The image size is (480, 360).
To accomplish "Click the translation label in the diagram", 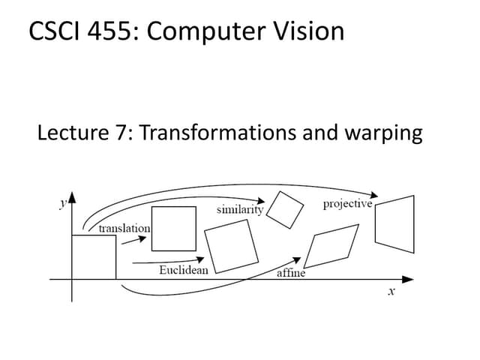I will point(124,227).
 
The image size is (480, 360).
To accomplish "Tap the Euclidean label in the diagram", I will point(184,269).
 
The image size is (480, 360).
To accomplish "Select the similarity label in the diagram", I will point(239,209).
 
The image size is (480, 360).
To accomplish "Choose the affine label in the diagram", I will point(291,273).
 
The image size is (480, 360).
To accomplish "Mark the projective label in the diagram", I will point(347,203).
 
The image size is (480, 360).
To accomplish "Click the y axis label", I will point(63,202).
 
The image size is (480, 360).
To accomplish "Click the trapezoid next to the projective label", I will point(394,223).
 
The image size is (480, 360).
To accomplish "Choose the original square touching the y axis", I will point(94,257).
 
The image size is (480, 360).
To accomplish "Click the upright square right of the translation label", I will point(174,228).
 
